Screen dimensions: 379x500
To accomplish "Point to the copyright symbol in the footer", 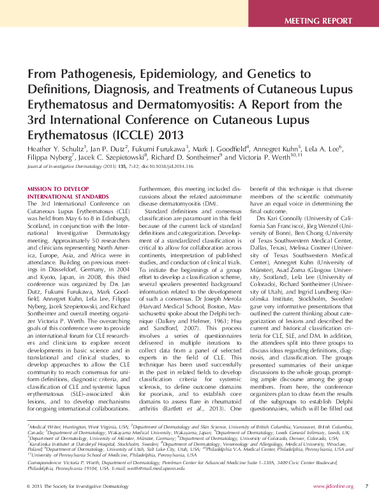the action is pyautogui.click(x=29, y=487).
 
